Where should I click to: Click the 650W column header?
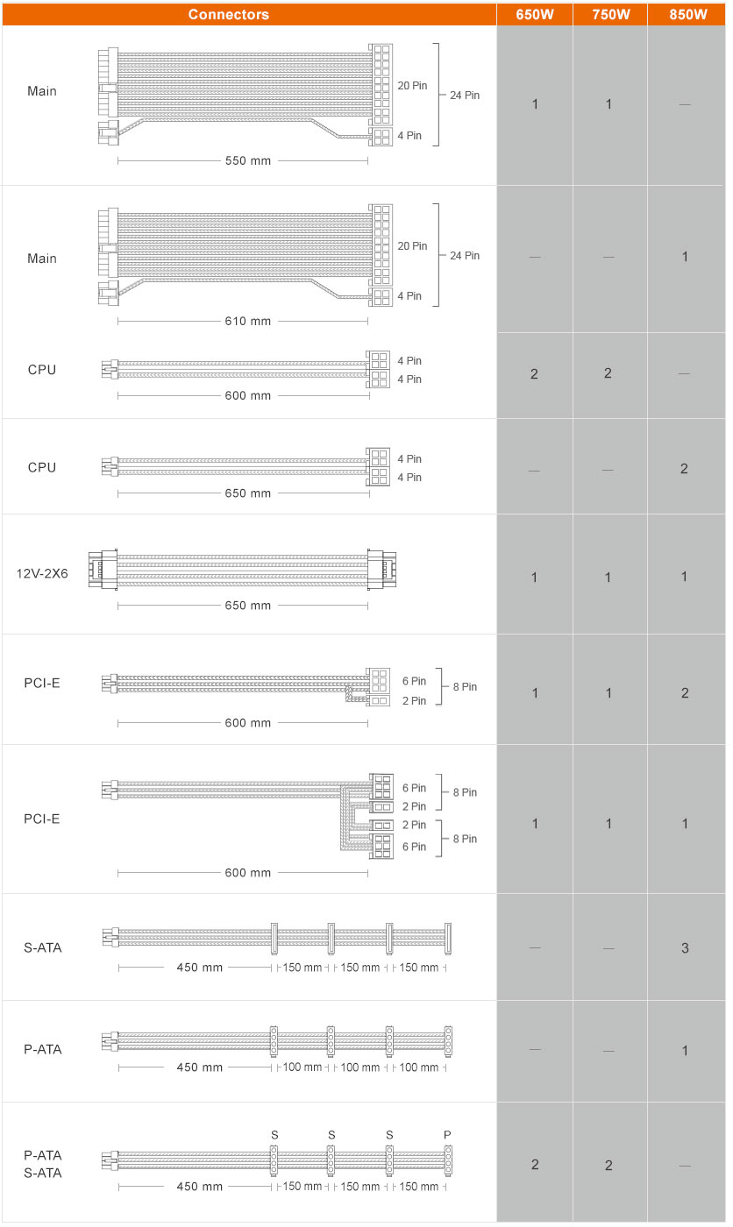pos(534,15)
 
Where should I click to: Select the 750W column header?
pos(610,15)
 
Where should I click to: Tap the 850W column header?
pos(687,15)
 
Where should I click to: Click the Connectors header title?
pos(229,15)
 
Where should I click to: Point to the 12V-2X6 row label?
pos(42,573)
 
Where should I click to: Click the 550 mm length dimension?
pos(247,161)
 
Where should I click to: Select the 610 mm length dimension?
pos(247,322)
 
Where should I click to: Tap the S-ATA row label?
pos(43,947)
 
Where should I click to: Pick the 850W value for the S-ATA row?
pos(685,948)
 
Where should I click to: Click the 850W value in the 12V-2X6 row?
pos(684,577)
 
